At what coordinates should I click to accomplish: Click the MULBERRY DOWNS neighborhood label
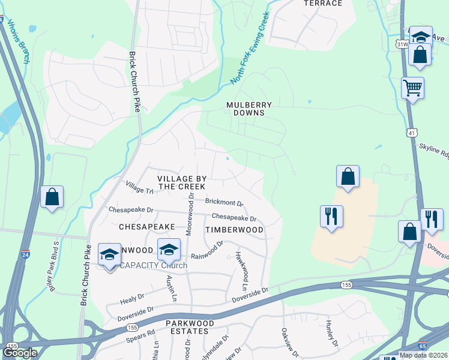[249, 109]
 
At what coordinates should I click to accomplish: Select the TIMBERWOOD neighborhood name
[234, 230]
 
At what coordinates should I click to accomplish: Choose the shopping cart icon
[413, 88]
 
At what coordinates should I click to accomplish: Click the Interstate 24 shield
[25, 254]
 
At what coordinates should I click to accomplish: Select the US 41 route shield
[411, 131]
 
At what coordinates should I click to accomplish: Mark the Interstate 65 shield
[423, 346]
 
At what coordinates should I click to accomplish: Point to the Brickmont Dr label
[224, 203]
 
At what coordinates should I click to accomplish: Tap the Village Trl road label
[139, 188]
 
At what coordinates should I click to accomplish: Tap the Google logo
[20, 352]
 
